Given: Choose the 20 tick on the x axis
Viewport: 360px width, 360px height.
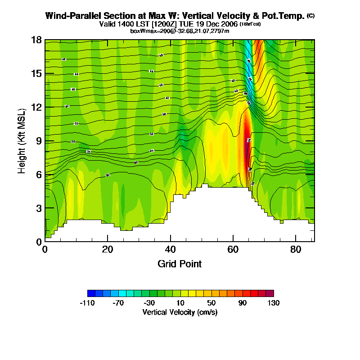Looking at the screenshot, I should point(108,249).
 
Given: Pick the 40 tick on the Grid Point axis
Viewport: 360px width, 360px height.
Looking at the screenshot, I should point(170,249).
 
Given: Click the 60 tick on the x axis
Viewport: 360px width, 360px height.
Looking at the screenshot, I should point(233,249).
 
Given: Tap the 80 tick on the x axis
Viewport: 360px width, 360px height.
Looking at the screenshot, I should point(296,249).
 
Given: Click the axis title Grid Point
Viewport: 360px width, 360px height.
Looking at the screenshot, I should point(180,264).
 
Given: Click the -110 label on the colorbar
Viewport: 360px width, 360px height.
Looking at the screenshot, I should point(88,303).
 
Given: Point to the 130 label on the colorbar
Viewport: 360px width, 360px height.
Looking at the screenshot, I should point(273,303).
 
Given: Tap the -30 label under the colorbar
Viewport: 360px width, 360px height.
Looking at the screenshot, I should point(149,303).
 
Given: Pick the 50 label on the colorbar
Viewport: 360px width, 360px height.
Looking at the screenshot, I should point(211,303).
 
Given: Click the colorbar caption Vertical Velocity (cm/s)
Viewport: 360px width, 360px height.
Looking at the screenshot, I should point(180,312).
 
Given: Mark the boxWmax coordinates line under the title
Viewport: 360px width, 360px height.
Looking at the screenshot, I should point(180,31).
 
